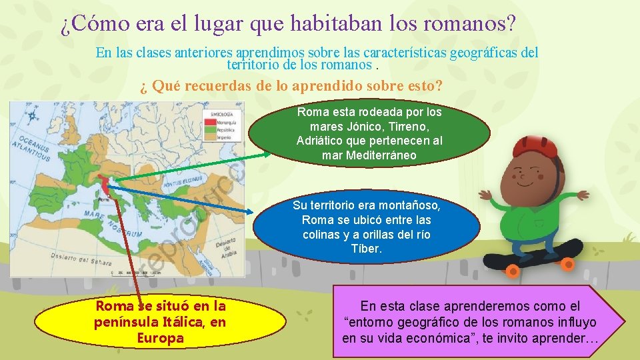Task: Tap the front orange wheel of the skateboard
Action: pyautogui.click(x=512, y=269)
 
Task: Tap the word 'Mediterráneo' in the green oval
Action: pyautogui.click(x=369, y=155)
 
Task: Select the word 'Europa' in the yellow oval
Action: pyautogui.click(x=160, y=337)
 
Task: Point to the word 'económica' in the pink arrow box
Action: pyautogui.click(x=434, y=338)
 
